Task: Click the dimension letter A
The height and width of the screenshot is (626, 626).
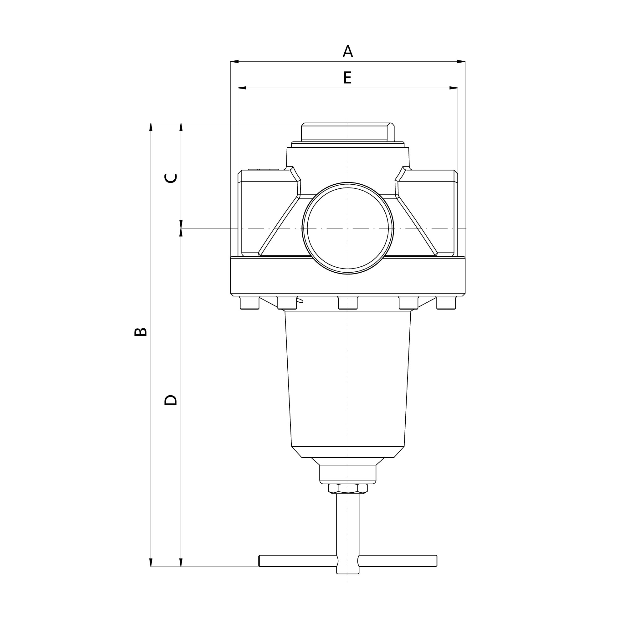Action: pos(348,52)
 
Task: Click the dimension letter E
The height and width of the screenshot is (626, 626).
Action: pos(347,78)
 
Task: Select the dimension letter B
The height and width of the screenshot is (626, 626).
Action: pos(141,332)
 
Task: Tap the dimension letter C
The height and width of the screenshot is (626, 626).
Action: pos(171,178)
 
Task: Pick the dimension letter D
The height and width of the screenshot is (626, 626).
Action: pos(171,400)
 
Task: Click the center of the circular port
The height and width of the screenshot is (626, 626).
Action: pos(348,228)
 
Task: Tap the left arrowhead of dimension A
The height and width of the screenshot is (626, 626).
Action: pos(234,61)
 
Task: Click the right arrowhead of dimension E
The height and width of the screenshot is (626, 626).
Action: pos(454,88)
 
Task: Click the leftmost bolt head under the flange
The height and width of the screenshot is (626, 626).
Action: pos(249,303)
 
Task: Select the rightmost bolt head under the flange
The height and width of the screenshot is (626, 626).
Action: pos(446,303)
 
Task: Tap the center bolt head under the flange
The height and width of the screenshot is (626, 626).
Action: pos(348,303)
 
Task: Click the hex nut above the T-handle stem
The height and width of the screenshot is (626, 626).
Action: pos(348,488)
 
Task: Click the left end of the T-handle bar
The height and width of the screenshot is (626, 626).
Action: pos(260,561)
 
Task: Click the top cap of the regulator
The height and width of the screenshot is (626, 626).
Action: pos(348,132)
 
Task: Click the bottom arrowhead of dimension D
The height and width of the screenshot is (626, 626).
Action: pos(181,562)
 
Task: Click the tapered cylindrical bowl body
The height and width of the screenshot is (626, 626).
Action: pos(348,379)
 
